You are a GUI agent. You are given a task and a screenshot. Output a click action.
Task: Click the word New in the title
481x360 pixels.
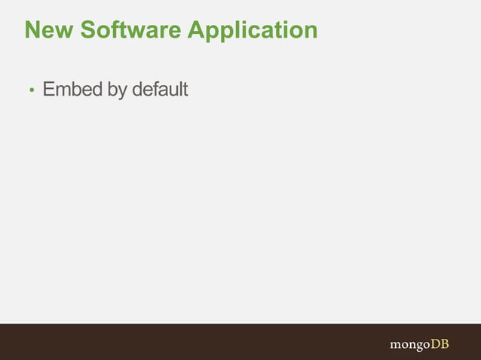[x=48, y=30]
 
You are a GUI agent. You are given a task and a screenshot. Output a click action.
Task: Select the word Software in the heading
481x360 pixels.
[x=129, y=30]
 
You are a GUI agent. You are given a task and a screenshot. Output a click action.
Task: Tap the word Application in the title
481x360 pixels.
[x=253, y=32]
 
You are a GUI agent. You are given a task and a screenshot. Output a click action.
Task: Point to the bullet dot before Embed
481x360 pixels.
[x=32, y=91]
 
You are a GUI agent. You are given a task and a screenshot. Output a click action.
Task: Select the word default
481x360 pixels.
[x=160, y=90]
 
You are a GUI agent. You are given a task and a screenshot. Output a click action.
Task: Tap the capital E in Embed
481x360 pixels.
[x=49, y=90]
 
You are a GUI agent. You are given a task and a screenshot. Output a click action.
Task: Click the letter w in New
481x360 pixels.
[x=63, y=32]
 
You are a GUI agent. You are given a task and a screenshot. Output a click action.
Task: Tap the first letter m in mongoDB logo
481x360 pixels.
[x=396, y=345]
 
